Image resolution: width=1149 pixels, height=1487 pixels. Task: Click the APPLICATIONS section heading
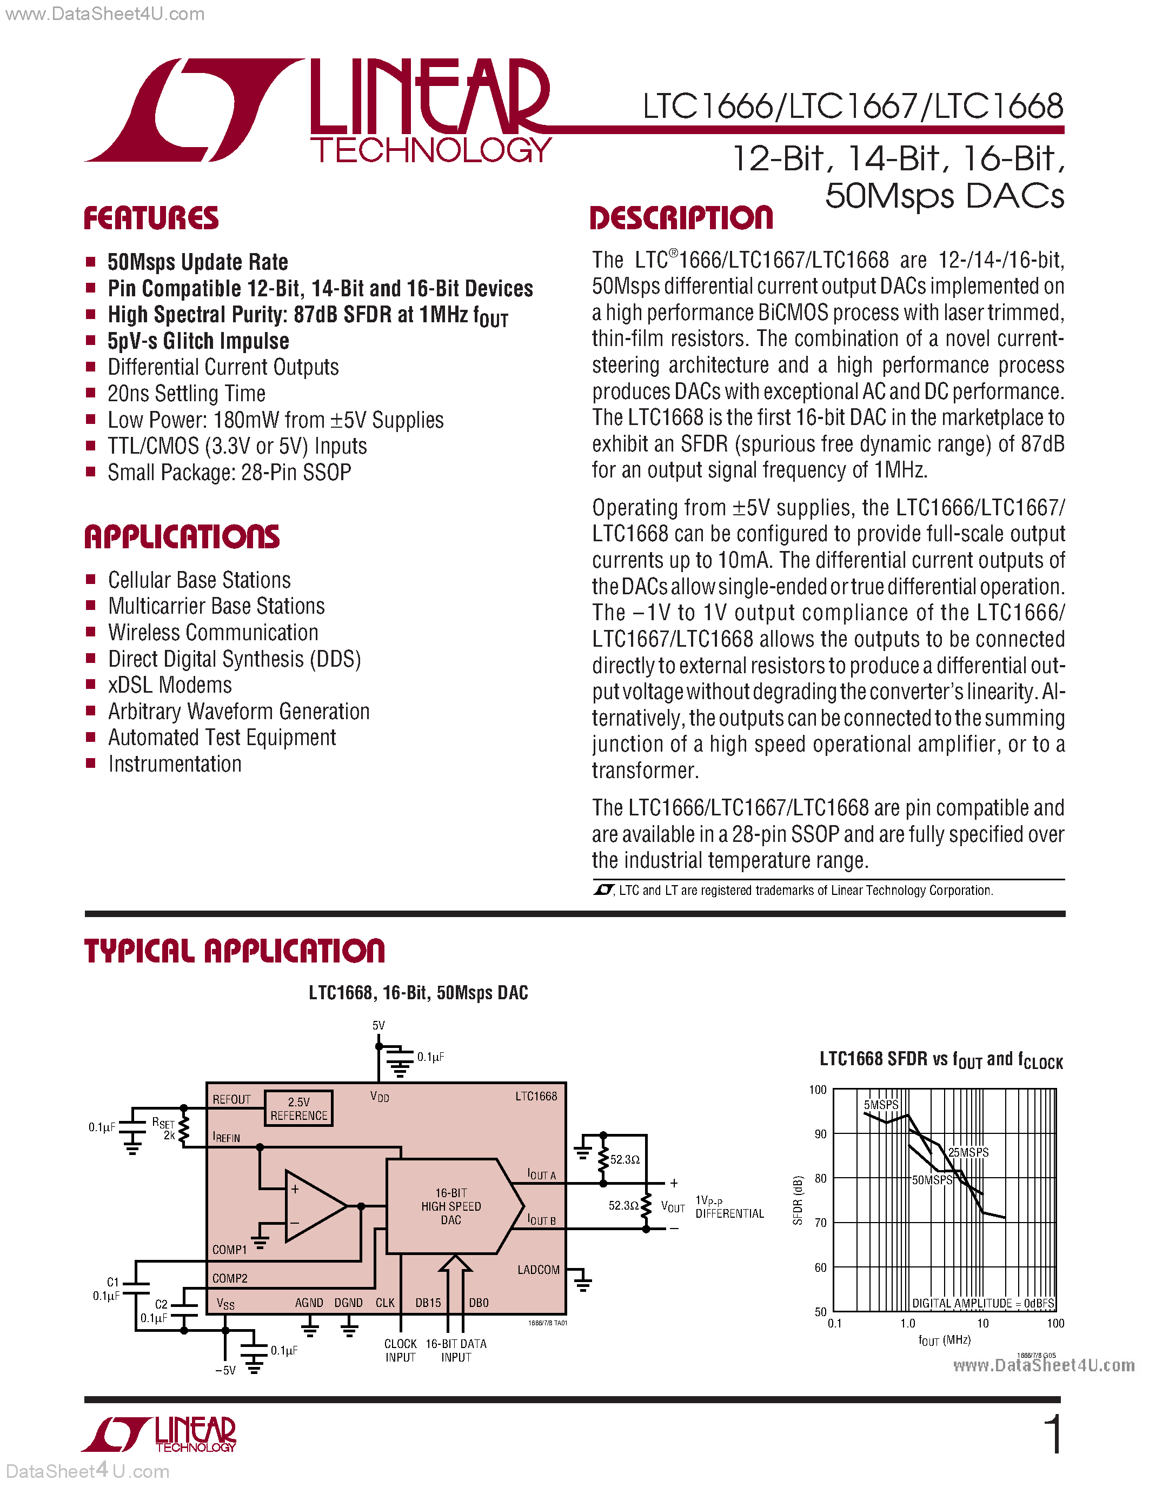tap(182, 536)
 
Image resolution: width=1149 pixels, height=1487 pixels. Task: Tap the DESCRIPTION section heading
tap(681, 218)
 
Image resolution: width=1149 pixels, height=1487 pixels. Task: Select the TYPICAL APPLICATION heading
tap(234, 951)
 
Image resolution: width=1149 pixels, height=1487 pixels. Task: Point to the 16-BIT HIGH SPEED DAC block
tap(450, 1206)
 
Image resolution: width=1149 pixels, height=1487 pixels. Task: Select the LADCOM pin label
tap(538, 1270)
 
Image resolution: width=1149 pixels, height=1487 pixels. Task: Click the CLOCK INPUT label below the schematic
tap(400, 1350)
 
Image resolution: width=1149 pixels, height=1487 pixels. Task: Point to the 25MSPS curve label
tap(968, 1152)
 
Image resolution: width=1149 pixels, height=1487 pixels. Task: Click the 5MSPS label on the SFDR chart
tap(881, 1104)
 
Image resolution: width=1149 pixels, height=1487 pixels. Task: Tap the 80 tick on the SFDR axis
tap(821, 1178)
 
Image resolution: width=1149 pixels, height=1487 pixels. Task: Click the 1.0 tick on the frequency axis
tap(907, 1324)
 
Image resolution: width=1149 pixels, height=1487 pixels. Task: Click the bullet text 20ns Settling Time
tap(187, 394)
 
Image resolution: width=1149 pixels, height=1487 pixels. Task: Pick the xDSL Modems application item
tap(169, 685)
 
